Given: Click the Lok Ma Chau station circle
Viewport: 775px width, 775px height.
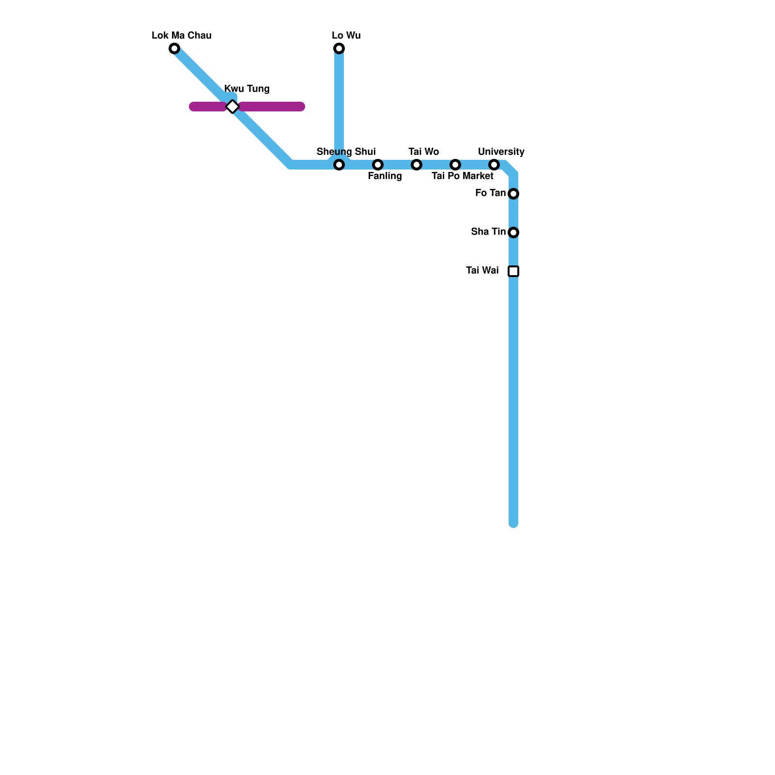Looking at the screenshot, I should (x=174, y=48).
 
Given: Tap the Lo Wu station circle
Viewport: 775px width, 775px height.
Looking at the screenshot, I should (x=339, y=48).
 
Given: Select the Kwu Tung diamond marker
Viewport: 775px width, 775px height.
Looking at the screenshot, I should (x=232, y=107).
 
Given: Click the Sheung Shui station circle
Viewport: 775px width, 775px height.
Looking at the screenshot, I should (x=339, y=165).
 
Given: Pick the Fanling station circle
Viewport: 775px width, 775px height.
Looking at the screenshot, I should (x=378, y=165).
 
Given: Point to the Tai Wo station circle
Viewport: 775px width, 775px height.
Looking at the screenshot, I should (x=417, y=165).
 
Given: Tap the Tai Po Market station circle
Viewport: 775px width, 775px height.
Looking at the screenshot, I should (x=455, y=165).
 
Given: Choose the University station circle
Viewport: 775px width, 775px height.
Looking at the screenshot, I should (x=494, y=165).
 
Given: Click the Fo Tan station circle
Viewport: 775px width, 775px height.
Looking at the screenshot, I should (x=513, y=194).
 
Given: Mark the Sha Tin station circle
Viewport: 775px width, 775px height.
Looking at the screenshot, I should (x=513, y=232).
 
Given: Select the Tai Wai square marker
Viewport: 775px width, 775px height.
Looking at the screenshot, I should (x=513, y=271).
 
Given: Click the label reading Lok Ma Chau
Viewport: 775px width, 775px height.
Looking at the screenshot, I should (x=181, y=35).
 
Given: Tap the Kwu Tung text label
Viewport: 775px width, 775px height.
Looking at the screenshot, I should (x=247, y=89).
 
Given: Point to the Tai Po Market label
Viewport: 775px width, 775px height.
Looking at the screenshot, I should (x=462, y=176).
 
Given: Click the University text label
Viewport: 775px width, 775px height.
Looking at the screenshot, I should (x=501, y=152).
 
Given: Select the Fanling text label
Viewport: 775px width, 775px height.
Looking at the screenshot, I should (x=385, y=176).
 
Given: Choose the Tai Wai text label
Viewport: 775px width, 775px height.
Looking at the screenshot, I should (x=482, y=270).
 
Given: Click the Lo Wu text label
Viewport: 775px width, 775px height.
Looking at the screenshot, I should (x=346, y=35).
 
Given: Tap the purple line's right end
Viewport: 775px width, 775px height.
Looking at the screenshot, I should (x=301, y=107).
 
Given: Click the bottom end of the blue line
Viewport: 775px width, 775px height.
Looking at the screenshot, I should (x=513, y=523).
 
